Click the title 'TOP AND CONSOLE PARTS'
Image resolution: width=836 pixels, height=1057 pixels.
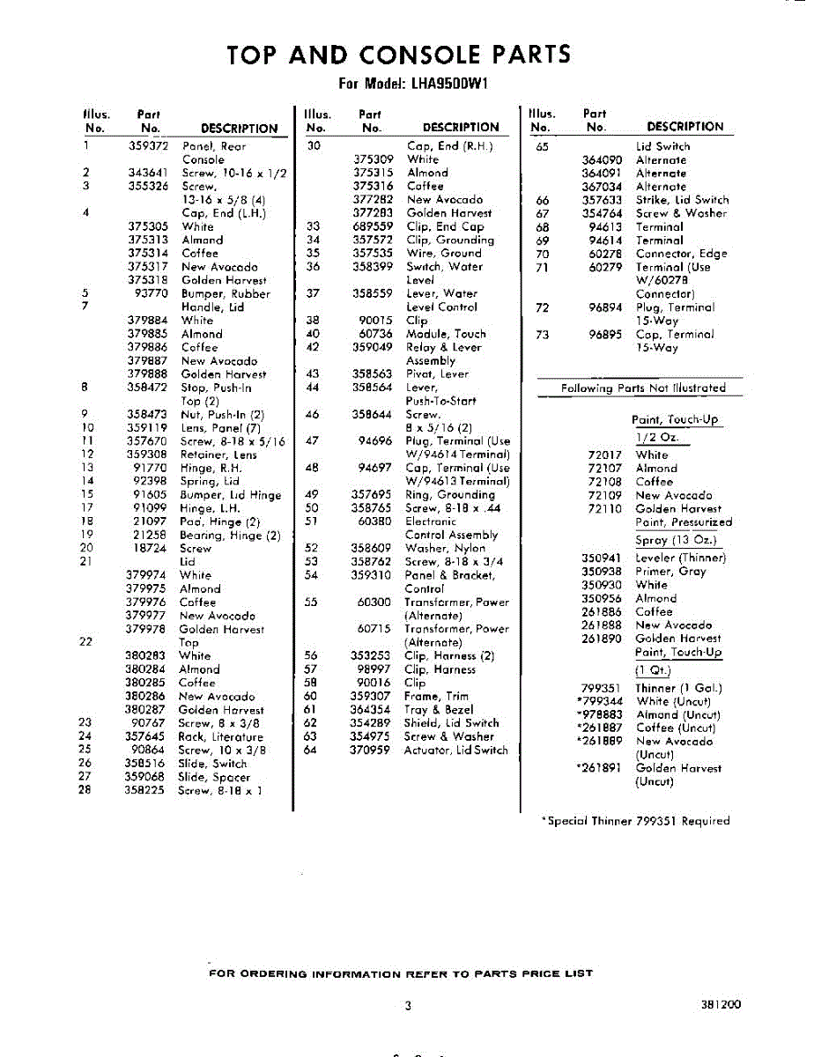[x=398, y=55]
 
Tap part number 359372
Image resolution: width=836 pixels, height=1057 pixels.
[x=148, y=146]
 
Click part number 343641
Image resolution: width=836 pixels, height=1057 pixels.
[x=148, y=174]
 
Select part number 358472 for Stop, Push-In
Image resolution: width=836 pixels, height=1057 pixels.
[x=147, y=388]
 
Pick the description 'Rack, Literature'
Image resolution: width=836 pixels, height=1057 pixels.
[x=220, y=736]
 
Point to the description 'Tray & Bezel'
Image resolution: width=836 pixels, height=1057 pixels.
[x=438, y=709]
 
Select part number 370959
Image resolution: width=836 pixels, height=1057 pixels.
[x=370, y=750]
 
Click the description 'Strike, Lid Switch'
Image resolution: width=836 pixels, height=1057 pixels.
[x=682, y=200]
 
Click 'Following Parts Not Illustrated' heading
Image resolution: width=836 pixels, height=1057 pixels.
[x=643, y=388]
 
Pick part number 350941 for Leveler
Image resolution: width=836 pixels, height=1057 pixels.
[x=602, y=558]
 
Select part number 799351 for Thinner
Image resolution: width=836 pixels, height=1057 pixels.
[x=602, y=688]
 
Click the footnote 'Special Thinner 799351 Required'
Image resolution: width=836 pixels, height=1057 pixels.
[x=636, y=821]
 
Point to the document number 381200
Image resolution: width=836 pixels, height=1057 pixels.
[x=721, y=1004]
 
